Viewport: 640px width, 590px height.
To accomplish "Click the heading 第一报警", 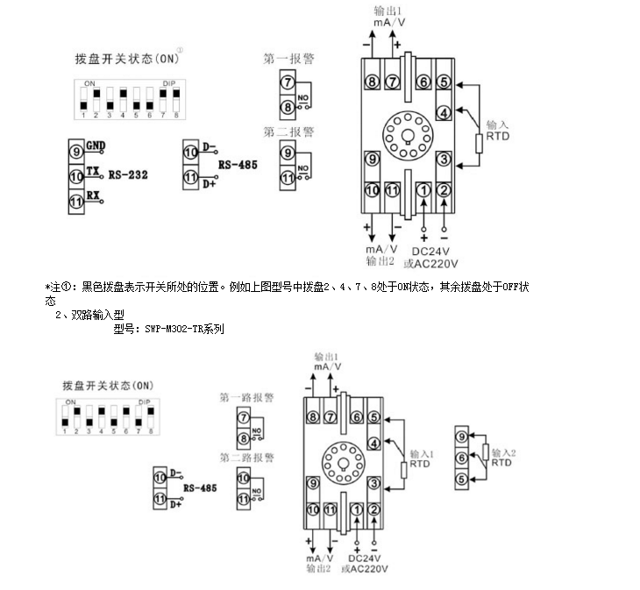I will coord(289,60).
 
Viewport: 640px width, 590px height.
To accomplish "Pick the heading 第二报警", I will coord(289,132).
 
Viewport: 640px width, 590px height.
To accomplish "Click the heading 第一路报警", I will coord(247,397).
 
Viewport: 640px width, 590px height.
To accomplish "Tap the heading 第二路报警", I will coord(247,458).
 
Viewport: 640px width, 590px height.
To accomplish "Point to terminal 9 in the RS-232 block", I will coord(76,151).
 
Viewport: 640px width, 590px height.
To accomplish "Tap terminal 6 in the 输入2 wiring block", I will coord(461,457).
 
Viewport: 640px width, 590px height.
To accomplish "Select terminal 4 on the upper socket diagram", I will coord(444,111).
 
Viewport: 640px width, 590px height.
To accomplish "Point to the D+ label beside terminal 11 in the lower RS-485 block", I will coord(175,504).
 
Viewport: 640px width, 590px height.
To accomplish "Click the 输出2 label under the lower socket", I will coord(317,568).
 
